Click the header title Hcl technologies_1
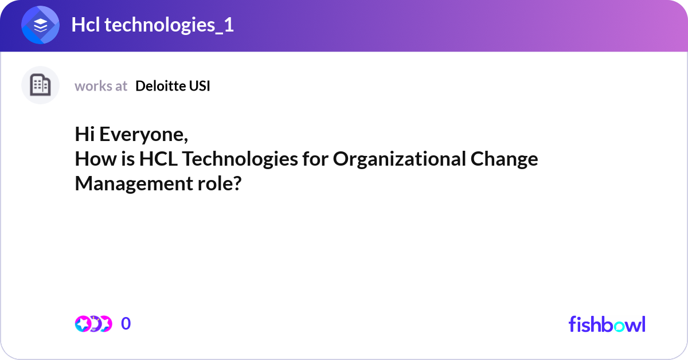click(153, 25)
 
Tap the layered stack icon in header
click(41, 25)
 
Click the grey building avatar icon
click(41, 85)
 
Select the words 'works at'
click(101, 86)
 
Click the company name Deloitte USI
click(173, 86)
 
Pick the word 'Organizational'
click(398, 159)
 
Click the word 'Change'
click(504, 159)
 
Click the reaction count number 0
click(126, 324)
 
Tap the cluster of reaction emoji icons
click(93, 324)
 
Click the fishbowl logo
click(607, 324)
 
